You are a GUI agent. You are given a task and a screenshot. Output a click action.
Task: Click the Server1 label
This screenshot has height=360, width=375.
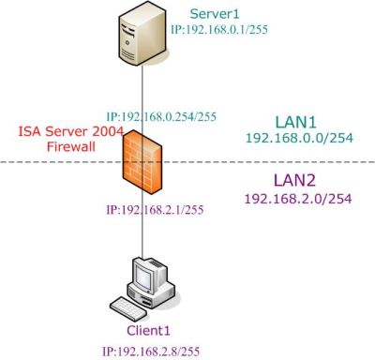215,14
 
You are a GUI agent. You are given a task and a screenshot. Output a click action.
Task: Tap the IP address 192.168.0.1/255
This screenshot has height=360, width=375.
219,29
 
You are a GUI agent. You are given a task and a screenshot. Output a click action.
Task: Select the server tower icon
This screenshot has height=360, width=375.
142,34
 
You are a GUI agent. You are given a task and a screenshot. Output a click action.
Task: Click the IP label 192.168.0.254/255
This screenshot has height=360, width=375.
161,116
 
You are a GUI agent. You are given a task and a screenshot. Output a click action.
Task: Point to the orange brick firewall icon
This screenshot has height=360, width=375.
142,162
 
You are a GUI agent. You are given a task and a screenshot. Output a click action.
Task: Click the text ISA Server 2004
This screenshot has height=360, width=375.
70,131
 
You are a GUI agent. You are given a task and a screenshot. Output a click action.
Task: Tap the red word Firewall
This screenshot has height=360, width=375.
71,146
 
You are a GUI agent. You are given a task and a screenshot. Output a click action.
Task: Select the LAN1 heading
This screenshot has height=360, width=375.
295,122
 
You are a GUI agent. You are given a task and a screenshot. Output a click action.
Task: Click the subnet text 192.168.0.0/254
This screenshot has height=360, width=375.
299,138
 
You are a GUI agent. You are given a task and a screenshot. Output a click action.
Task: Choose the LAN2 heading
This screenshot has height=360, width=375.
294,180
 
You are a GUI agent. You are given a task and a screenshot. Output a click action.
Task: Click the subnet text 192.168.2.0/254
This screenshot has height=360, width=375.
298,199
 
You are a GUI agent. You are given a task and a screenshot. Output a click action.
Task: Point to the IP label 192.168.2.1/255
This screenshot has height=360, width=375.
155,209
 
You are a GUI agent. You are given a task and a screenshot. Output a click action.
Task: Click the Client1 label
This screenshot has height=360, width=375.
148,331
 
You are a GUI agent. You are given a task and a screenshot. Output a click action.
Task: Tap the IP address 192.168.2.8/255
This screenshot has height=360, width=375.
151,352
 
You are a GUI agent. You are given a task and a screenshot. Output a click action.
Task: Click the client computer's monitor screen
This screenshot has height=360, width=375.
144,277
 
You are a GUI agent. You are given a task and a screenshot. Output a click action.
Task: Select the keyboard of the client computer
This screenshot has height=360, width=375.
128,308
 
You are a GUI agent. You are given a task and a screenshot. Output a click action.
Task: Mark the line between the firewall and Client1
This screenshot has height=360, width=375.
142,226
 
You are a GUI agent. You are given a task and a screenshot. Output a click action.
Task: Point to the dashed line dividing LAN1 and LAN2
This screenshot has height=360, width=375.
187,162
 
